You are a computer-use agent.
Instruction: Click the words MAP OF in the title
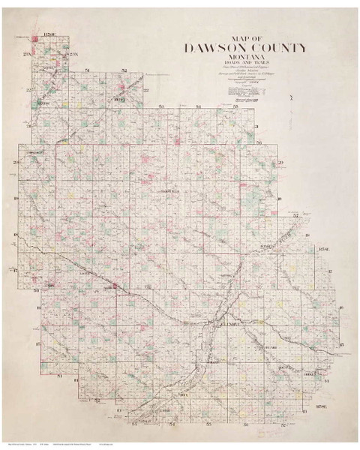click(246, 38)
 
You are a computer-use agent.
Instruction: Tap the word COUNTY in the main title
click(278, 49)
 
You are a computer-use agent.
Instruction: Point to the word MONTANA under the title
click(245, 58)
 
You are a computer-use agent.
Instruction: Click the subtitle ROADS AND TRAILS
click(245, 64)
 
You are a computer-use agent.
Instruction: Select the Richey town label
click(118, 99)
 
